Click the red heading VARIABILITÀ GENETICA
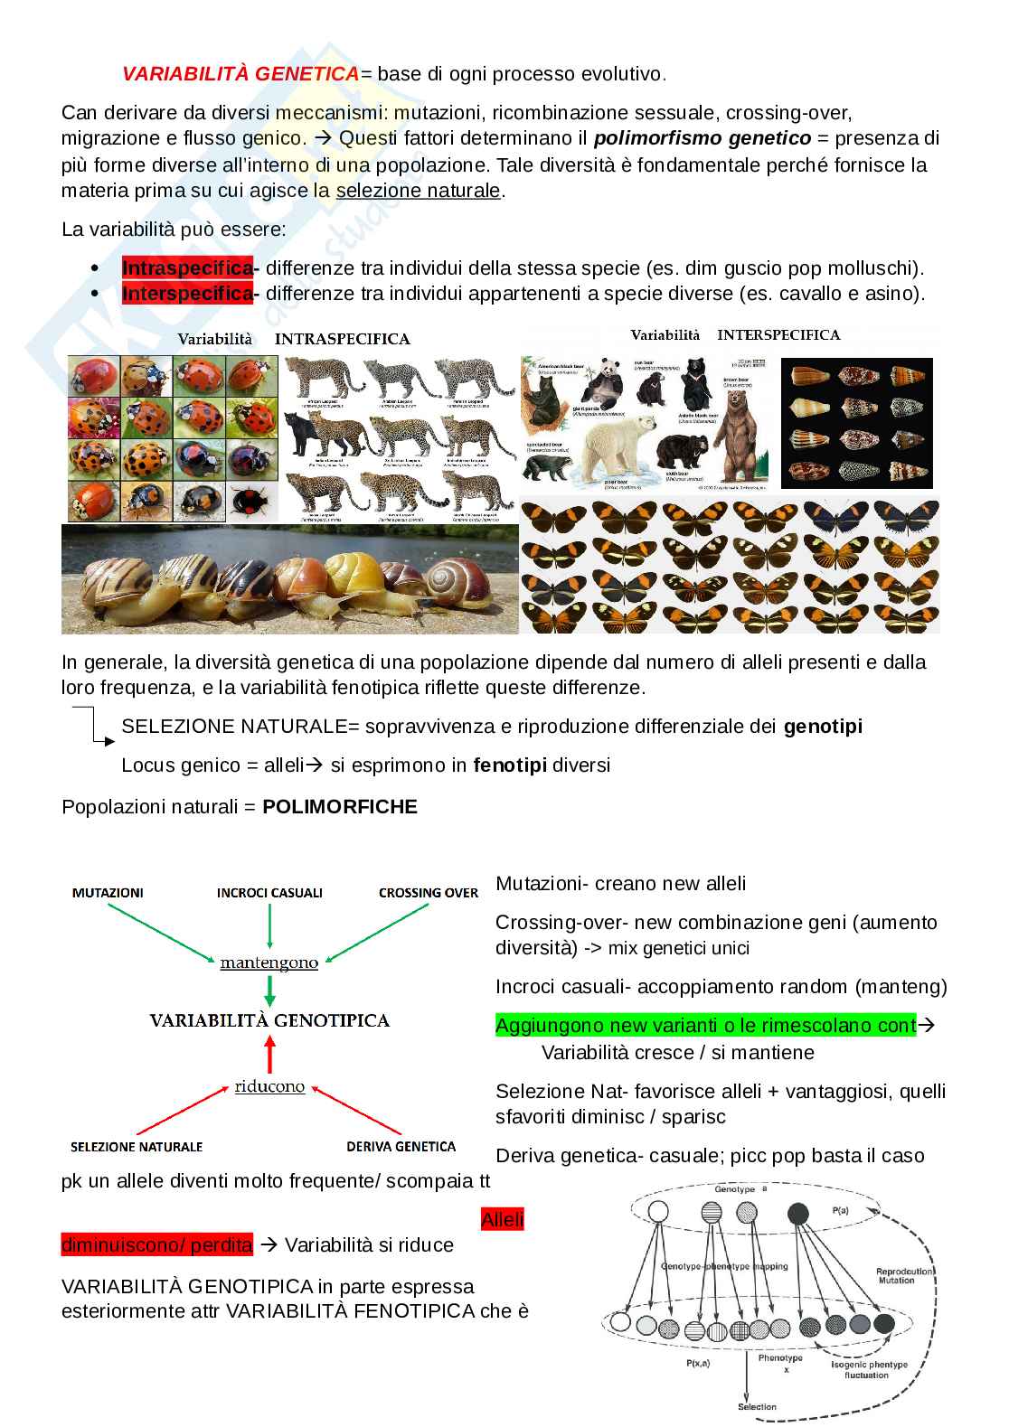(240, 74)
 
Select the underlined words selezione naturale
(418, 191)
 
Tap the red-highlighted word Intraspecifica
(187, 268)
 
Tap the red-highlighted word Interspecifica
(187, 294)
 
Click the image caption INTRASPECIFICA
(342, 340)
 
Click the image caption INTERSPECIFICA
(778, 334)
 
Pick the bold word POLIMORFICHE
(340, 807)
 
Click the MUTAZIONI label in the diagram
(107, 893)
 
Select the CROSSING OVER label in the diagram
(428, 893)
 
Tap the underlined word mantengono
(269, 963)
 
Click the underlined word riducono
(269, 1086)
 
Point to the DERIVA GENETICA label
(401, 1147)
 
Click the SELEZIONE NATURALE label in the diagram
(137, 1147)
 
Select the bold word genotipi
(823, 727)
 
